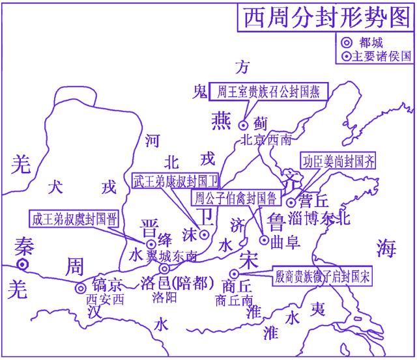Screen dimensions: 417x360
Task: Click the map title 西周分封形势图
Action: [x=324, y=17]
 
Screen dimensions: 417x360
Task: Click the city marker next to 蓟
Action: [x=244, y=124]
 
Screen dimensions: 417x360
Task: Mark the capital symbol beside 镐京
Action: [x=80, y=288]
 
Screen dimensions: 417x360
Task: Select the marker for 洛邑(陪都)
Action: [x=165, y=268]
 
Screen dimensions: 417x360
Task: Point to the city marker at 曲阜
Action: [x=264, y=240]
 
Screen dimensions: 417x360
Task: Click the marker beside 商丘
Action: [x=233, y=275]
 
